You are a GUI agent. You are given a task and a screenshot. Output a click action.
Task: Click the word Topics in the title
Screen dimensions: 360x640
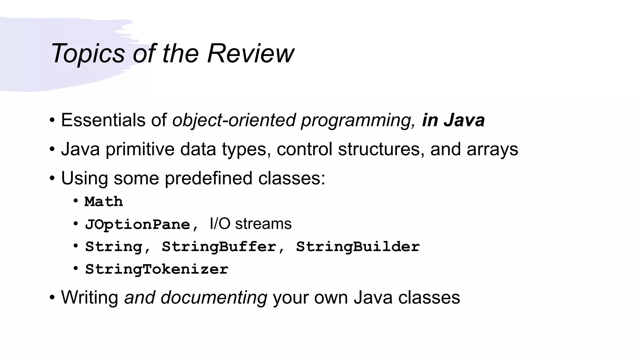88,53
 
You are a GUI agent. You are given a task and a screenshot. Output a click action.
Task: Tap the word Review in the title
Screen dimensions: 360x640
250,53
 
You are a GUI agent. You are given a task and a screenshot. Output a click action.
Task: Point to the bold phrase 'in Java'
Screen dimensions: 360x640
453,120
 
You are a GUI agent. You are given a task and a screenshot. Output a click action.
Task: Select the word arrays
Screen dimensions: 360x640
492,150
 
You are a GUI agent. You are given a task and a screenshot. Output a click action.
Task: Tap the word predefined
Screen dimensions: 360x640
208,178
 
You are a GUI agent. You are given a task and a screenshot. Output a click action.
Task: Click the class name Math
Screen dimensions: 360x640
104,202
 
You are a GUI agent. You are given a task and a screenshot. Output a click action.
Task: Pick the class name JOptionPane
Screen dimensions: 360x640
137,224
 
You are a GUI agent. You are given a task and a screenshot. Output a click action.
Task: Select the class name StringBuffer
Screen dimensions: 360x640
219,247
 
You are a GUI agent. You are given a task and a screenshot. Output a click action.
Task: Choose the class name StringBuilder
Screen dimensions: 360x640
358,247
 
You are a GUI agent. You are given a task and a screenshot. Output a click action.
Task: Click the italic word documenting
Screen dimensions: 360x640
214,297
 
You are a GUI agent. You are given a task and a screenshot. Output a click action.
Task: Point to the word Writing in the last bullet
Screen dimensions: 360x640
89,297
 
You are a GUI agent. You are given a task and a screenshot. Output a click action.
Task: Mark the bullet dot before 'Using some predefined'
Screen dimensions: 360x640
52,178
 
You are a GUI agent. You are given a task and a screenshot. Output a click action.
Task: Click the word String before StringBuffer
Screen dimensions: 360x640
114,247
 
